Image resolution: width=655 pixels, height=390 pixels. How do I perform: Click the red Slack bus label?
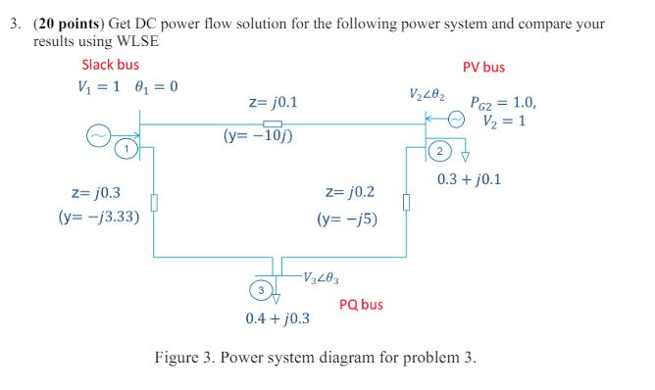tap(110, 66)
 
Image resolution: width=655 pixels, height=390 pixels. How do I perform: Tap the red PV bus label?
tap(483, 68)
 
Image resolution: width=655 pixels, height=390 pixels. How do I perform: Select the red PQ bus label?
tap(361, 305)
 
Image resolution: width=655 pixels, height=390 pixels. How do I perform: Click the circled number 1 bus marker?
tap(126, 148)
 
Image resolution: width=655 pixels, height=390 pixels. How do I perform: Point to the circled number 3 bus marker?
tap(260, 290)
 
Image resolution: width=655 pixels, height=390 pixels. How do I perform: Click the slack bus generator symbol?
tap(98, 138)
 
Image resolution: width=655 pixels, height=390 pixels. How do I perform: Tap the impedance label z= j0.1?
tap(274, 102)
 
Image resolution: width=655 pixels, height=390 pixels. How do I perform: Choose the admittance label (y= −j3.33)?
tap(98, 217)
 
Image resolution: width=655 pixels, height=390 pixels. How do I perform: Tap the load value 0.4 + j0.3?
tap(277, 318)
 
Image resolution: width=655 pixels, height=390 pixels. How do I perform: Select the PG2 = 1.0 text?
tap(503, 102)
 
